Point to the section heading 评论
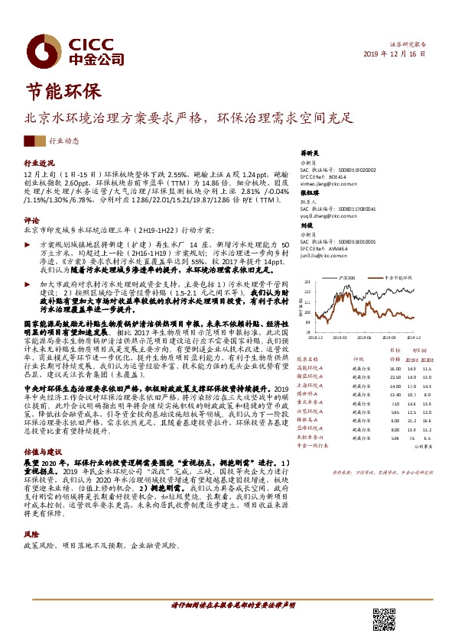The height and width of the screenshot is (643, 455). click(x=31, y=218)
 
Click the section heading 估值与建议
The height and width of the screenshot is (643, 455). click(x=44, y=453)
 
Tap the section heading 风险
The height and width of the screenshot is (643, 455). click(x=31, y=535)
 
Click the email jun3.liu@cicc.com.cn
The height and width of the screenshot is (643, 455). click(x=324, y=257)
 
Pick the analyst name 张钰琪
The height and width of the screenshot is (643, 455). click(x=309, y=193)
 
